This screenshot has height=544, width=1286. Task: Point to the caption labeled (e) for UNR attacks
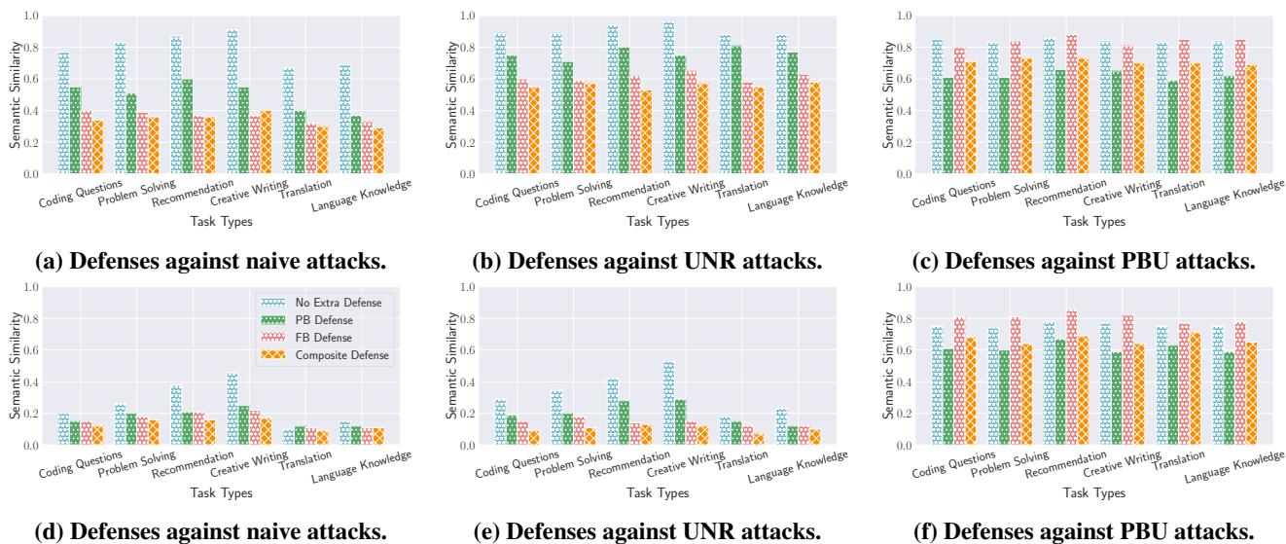641,531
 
